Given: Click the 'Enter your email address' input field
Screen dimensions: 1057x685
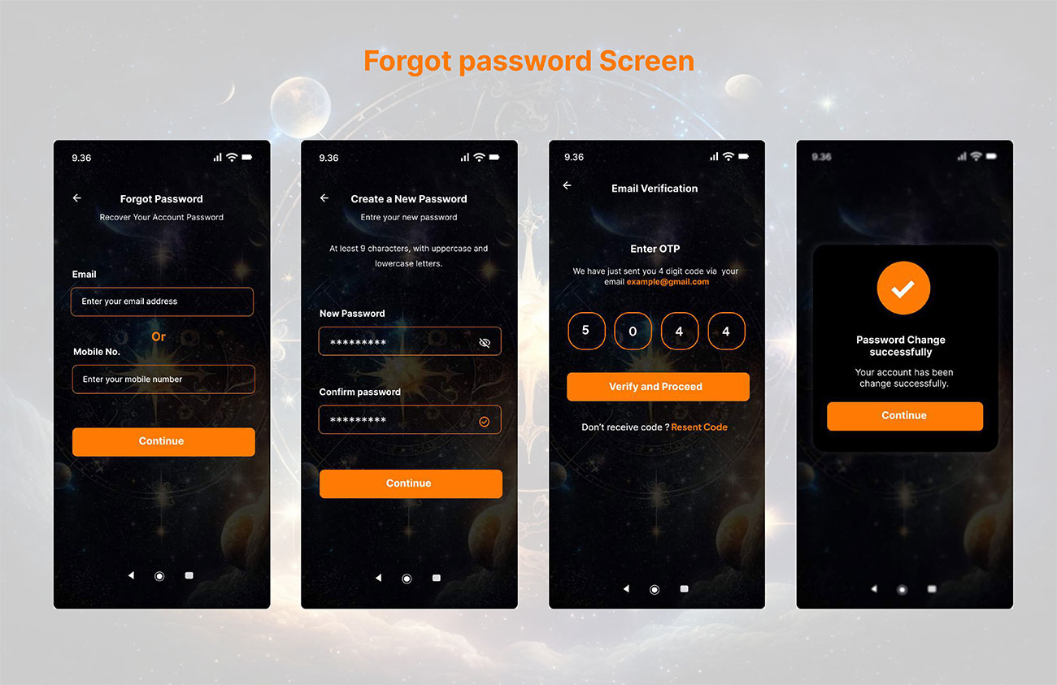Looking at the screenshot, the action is (162, 301).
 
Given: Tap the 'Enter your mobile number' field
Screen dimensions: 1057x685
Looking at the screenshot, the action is (163, 379).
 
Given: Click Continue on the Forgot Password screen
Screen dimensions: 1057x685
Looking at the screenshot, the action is (163, 442).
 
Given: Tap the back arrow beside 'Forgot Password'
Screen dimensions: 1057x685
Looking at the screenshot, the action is (77, 198).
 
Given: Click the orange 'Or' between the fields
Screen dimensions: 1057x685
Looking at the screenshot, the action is (159, 336).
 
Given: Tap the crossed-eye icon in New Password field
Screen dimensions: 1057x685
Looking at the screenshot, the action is (485, 342).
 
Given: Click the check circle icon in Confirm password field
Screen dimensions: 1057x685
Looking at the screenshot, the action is (484, 422).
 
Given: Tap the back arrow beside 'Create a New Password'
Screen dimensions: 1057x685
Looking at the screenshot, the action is (324, 198).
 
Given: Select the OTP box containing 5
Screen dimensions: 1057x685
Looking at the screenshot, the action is (586, 331).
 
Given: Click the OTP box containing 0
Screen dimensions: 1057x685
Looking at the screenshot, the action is (633, 331).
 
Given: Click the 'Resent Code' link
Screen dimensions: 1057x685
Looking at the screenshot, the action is (699, 427).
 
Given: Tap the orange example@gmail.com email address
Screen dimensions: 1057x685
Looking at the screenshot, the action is (668, 282).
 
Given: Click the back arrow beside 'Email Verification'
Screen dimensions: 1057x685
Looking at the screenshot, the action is (568, 186).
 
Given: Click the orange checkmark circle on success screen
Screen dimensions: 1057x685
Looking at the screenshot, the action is (903, 288).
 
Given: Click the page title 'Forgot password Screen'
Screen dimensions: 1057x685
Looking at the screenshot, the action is (529, 61).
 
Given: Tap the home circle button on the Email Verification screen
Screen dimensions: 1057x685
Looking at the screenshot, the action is (655, 589).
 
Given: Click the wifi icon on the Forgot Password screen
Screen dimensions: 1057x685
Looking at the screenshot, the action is (232, 157).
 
